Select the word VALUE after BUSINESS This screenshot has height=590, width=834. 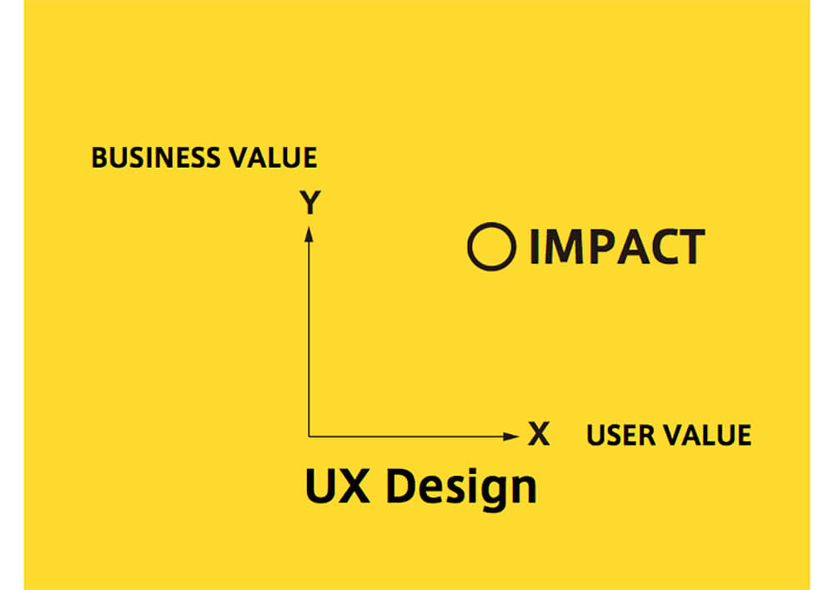[273, 158]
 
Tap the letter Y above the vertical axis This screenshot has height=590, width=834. [310, 202]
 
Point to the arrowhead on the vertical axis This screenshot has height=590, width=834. [309, 234]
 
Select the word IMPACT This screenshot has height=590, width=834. [617, 246]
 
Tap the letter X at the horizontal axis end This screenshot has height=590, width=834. [538, 434]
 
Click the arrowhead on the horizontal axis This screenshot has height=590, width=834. [510, 436]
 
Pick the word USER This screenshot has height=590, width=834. [620, 435]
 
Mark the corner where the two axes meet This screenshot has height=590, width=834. [309, 436]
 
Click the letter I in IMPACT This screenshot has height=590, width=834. [535, 246]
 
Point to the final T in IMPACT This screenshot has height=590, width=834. [691, 246]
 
